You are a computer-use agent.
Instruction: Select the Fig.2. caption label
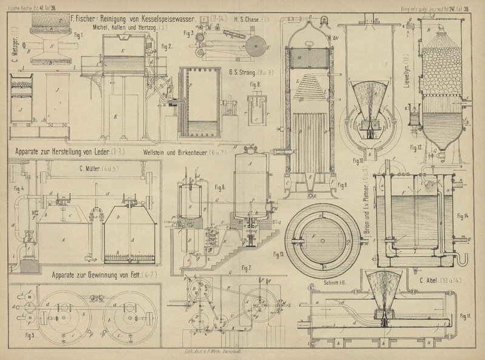(166, 46)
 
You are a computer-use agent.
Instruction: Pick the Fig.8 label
(254, 84)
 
